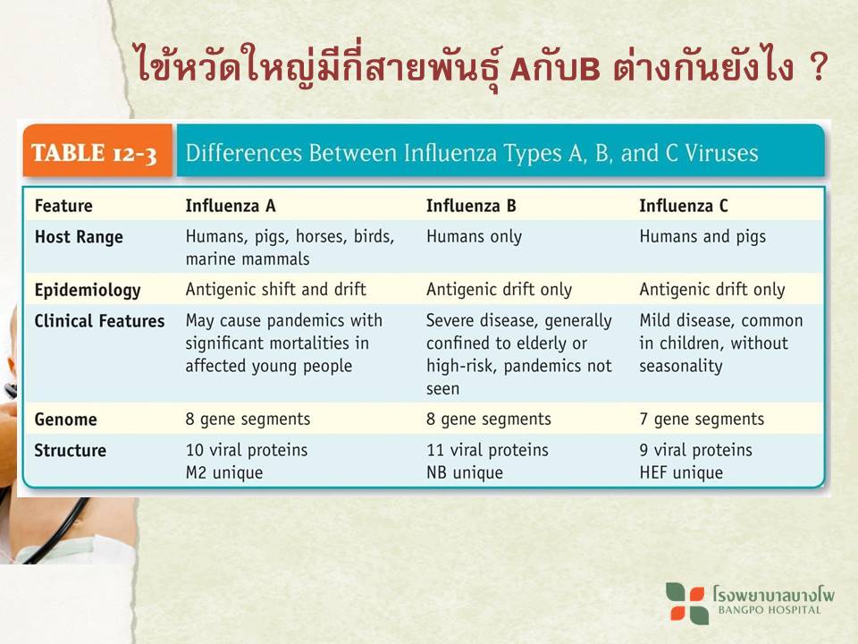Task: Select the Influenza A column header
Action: point(231,206)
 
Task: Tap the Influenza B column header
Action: point(471,206)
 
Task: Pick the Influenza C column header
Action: point(684,206)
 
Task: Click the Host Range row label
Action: point(79,237)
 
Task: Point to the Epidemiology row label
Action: point(88,290)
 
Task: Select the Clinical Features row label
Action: point(99,321)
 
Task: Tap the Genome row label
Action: point(65,419)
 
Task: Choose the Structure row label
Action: point(70,450)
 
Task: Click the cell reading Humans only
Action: point(474,236)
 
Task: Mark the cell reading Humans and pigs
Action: point(702,237)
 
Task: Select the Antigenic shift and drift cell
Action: point(276,289)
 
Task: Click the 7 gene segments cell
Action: point(702,419)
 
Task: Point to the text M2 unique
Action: point(224,472)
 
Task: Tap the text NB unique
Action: point(465,472)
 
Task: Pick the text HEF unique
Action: point(681,472)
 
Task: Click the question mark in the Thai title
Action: point(818,67)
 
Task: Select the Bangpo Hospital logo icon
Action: point(686,603)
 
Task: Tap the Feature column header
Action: point(63,206)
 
